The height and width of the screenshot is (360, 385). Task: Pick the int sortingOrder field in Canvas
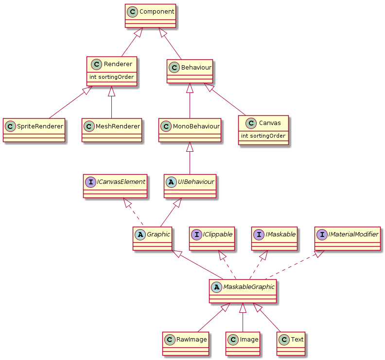[x=263, y=136]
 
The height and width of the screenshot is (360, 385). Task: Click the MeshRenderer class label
[x=118, y=126]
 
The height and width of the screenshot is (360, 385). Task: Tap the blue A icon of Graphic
[x=140, y=234]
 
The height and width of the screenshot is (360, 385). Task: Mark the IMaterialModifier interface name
[x=354, y=234]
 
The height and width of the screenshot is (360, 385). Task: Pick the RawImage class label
[x=192, y=339]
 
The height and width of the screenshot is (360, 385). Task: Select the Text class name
[x=297, y=339]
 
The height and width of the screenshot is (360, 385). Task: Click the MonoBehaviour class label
[x=196, y=126]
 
